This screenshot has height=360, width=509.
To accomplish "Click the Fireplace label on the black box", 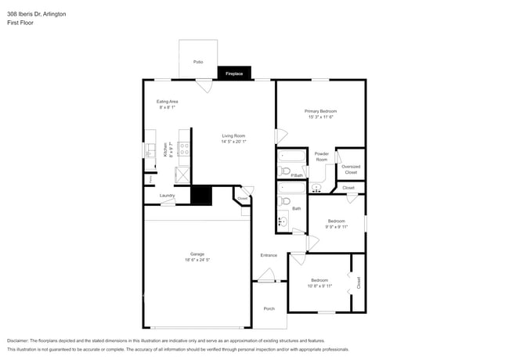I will tap(234, 74).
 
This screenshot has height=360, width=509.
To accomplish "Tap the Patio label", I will tap(198, 61).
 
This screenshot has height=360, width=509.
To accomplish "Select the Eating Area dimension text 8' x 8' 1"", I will tap(168, 108).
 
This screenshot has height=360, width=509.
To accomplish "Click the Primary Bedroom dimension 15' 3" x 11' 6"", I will tap(320, 117).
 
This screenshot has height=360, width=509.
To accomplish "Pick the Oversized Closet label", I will tap(351, 169).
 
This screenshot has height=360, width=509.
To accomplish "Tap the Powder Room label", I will tap(321, 157).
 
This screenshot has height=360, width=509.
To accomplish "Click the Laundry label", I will tap(167, 196).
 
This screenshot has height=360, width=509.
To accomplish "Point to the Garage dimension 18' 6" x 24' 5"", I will tap(197, 259).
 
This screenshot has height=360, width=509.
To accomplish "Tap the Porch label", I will tap(269, 308).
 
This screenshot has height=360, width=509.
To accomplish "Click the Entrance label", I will tap(269, 256).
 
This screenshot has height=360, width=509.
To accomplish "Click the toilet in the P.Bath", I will tap(285, 170).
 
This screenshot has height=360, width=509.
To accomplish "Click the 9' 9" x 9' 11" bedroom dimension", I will tap(337, 226).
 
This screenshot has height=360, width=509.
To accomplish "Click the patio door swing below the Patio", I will tap(204, 86).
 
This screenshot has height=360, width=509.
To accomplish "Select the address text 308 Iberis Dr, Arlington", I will tap(36, 14).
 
